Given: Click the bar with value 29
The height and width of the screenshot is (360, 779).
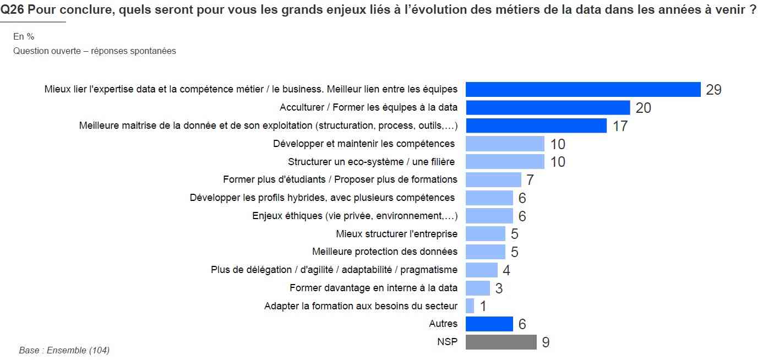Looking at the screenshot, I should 582,89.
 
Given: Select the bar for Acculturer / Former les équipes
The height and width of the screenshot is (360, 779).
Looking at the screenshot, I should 548,107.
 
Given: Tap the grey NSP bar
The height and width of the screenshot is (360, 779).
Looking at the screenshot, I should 501,342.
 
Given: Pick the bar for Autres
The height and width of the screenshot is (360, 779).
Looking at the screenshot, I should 489,324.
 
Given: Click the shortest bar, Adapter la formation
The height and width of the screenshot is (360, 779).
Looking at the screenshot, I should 470,306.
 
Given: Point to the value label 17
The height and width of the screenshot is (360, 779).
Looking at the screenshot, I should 620,126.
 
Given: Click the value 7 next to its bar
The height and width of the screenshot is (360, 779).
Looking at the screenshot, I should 530,180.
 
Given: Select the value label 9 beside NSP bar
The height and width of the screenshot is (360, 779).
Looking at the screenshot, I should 546,342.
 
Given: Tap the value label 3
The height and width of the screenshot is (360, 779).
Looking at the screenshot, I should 499,288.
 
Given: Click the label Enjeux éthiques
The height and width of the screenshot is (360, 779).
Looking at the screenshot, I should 355,215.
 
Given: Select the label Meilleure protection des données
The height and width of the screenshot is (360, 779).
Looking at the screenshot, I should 384,252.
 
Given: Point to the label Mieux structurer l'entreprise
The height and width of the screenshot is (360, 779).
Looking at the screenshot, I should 396,233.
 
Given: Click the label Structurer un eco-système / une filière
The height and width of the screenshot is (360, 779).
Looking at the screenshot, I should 372,162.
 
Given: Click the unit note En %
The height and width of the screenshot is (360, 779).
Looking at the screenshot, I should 24,36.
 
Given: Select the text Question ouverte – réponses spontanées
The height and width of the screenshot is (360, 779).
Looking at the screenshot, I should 94,51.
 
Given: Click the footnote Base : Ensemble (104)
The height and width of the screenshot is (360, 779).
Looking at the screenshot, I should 64,350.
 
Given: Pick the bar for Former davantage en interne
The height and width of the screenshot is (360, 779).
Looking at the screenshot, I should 477,288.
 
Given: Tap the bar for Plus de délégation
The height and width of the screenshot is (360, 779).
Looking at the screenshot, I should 481,270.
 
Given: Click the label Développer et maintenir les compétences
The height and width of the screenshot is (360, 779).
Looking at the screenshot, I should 364,144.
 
